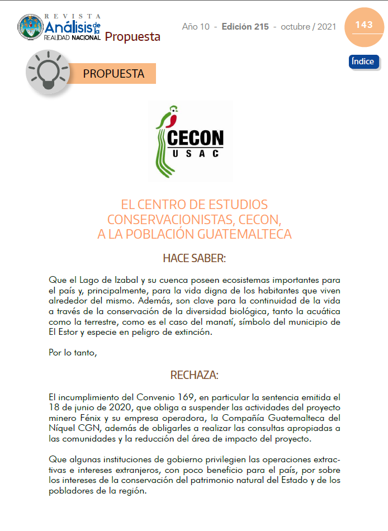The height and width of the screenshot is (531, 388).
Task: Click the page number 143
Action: point(363,25)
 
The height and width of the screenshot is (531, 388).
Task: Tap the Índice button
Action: point(363,61)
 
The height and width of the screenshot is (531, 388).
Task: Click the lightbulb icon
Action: point(48,73)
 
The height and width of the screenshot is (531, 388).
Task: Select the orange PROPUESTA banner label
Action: point(113,74)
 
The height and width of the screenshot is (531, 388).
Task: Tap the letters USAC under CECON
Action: point(196,153)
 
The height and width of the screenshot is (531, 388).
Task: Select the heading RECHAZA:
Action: point(194,374)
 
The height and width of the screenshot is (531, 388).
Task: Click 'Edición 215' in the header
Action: point(245,27)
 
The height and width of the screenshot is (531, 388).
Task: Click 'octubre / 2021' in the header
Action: point(308,27)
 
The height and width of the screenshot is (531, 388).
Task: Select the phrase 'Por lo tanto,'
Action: point(73,353)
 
